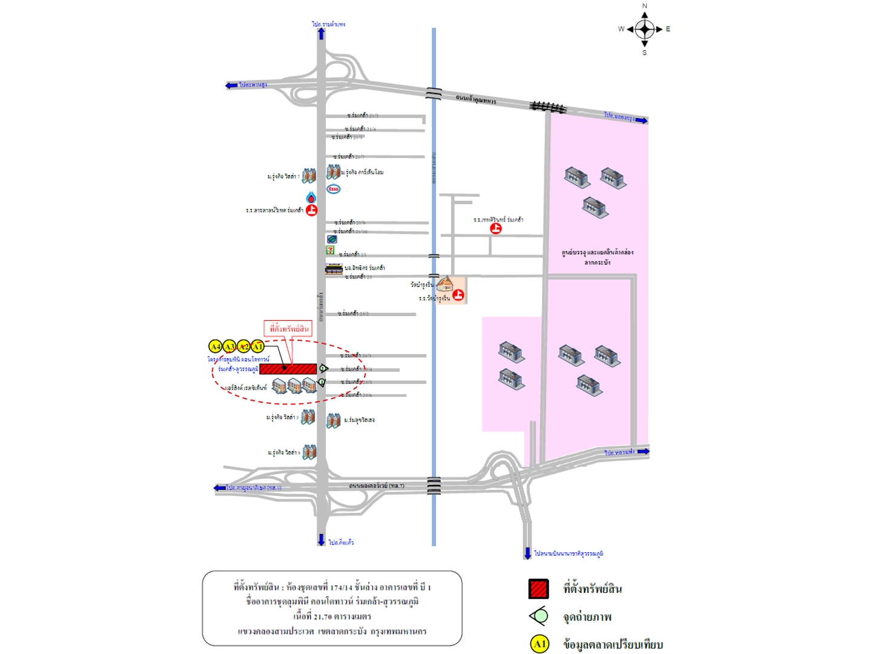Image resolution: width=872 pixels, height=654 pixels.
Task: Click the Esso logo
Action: coord(334,189)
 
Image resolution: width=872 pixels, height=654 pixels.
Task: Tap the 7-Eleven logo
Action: coord(330,249)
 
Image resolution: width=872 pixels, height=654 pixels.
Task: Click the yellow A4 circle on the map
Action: coord(215,346)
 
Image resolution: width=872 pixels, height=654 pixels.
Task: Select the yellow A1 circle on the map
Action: coord(258,346)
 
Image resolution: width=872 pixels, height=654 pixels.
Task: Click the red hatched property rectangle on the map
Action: coord(288,369)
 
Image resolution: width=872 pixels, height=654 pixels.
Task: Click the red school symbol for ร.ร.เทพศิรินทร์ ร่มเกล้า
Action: coord(496,228)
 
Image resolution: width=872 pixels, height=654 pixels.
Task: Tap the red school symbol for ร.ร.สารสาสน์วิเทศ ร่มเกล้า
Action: coord(312,210)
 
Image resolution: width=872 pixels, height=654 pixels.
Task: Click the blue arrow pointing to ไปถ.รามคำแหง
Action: coord(321,34)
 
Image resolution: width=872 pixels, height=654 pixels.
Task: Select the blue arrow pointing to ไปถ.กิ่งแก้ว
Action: coord(321,540)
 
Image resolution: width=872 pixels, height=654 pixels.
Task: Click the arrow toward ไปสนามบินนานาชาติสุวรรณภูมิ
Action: coord(527,553)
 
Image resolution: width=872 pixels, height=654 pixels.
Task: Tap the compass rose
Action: coord(644,29)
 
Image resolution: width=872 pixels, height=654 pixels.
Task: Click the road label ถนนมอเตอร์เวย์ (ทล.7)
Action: coord(376,486)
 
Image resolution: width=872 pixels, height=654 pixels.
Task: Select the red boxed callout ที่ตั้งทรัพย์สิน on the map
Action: coord(289,329)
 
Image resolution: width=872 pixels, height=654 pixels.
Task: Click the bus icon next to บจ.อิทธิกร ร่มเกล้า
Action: coord(334,269)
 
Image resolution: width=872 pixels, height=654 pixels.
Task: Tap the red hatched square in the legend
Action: coord(538,589)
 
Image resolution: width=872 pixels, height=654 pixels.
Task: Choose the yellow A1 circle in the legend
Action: coord(540,644)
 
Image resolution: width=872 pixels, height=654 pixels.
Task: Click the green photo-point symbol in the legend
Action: coord(538,616)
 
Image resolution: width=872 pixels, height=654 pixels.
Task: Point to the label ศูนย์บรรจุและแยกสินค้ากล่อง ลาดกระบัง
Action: coord(597,257)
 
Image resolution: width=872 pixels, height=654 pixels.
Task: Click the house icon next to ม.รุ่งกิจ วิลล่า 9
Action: coord(309,452)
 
